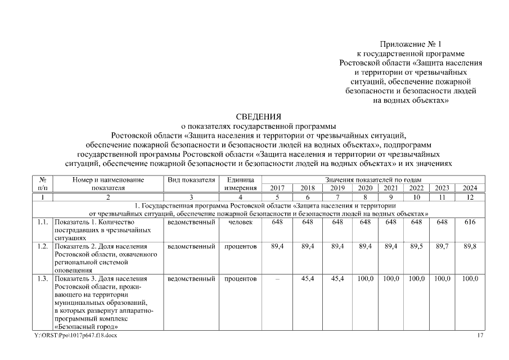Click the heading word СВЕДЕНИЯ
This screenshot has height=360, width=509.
click(258, 117)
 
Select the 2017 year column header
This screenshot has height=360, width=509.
click(277, 188)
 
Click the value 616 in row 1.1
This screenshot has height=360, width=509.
click(470, 222)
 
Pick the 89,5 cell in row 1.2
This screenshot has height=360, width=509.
click(416, 246)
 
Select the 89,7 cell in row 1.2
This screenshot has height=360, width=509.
click(443, 246)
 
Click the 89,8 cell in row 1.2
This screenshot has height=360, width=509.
click(470, 246)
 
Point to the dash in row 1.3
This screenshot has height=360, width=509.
click(277, 279)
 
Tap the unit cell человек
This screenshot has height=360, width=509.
click(240, 222)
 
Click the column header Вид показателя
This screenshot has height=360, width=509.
click(191, 180)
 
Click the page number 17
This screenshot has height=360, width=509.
click(480, 336)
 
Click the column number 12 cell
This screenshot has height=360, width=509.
click(470, 197)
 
